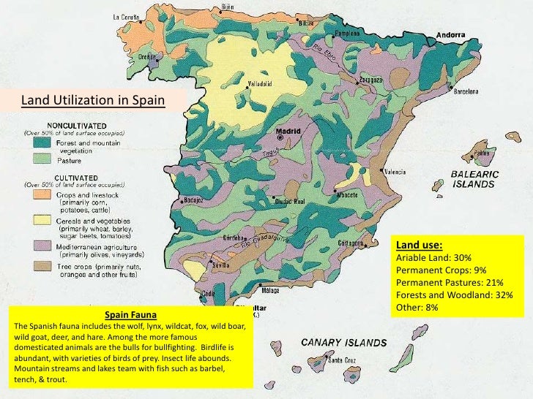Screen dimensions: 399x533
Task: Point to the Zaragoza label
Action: [x=369, y=79]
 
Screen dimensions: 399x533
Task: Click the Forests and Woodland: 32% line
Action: [x=454, y=294]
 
